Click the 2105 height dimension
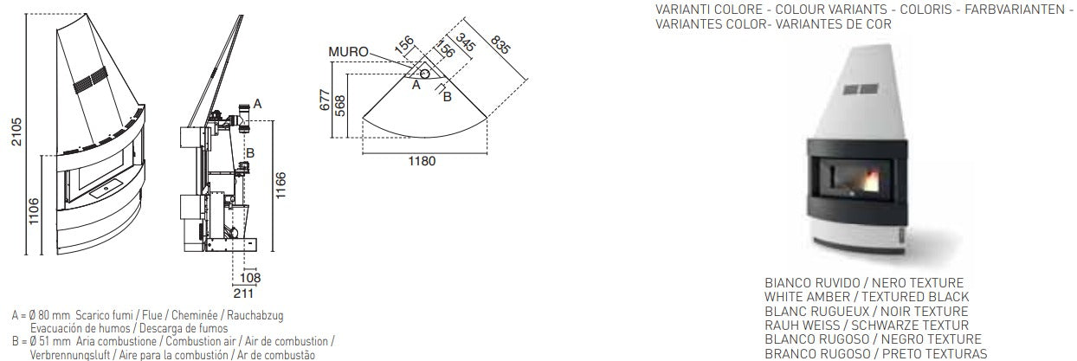[x=16, y=132]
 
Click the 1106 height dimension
[x=33, y=211]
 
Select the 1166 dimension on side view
[x=281, y=185]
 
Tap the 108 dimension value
[x=250, y=277]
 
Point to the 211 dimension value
[x=243, y=293]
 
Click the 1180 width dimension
[x=422, y=161]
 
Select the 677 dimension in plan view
[x=326, y=100]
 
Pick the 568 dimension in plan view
[x=340, y=106]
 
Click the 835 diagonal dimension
[x=500, y=44]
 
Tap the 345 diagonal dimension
[x=466, y=42]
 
